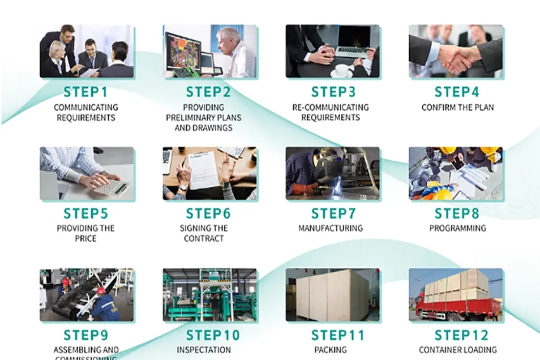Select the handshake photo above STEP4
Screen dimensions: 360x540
pyautogui.click(x=456, y=52)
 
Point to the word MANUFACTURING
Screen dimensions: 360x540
pyautogui.click(x=331, y=228)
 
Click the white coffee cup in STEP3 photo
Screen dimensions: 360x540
pyautogui.click(x=341, y=70)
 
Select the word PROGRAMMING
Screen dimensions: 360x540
pyautogui.click(x=457, y=228)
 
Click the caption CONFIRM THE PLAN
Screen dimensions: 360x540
pyautogui.click(x=457, y=107)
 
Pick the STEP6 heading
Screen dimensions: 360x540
pyautogui.click(x=208, y=213)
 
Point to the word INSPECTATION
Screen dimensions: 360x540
pyautogui.click(x=204, y=350)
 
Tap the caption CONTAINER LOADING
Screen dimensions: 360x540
pyautogui.click(x=457, y=350)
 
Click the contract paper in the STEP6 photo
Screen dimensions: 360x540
pyautogui.click(x=204, y=170)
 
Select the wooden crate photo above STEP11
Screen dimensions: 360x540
pyautogui.click(x=333, y=295)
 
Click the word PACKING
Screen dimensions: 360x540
pyautogui.click(x=331, y=350)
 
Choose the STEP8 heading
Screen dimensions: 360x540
pyautogui.click(x=457, y=213)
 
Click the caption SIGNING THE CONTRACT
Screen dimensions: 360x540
pyautogui.click(x=204, y=233)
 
